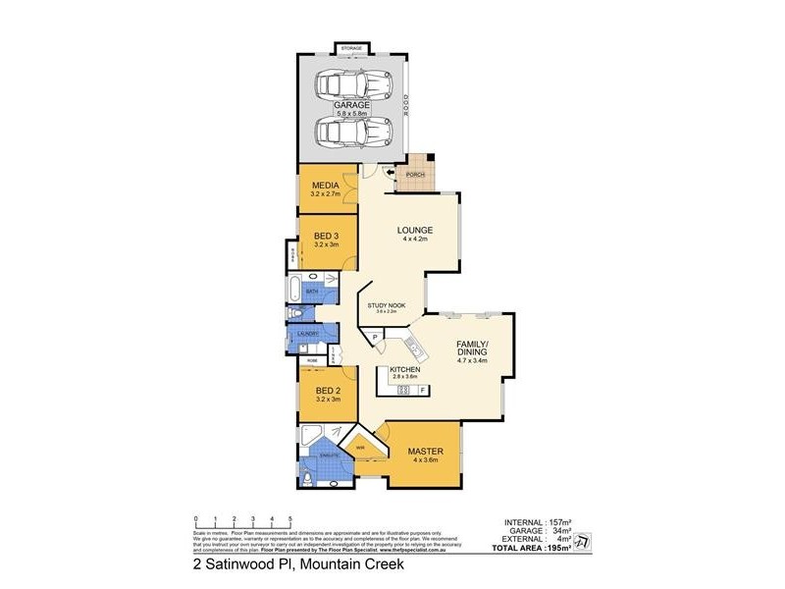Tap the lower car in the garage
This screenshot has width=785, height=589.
(351, 130)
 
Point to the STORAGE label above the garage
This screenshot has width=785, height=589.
(351, 48)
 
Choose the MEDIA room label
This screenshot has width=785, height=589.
(325, 186)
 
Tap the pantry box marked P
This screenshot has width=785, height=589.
(374, 338)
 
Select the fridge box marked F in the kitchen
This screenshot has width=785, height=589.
(422, 391)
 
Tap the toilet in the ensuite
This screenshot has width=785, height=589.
(308, 478)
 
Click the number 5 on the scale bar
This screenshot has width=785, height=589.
(289, 517)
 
